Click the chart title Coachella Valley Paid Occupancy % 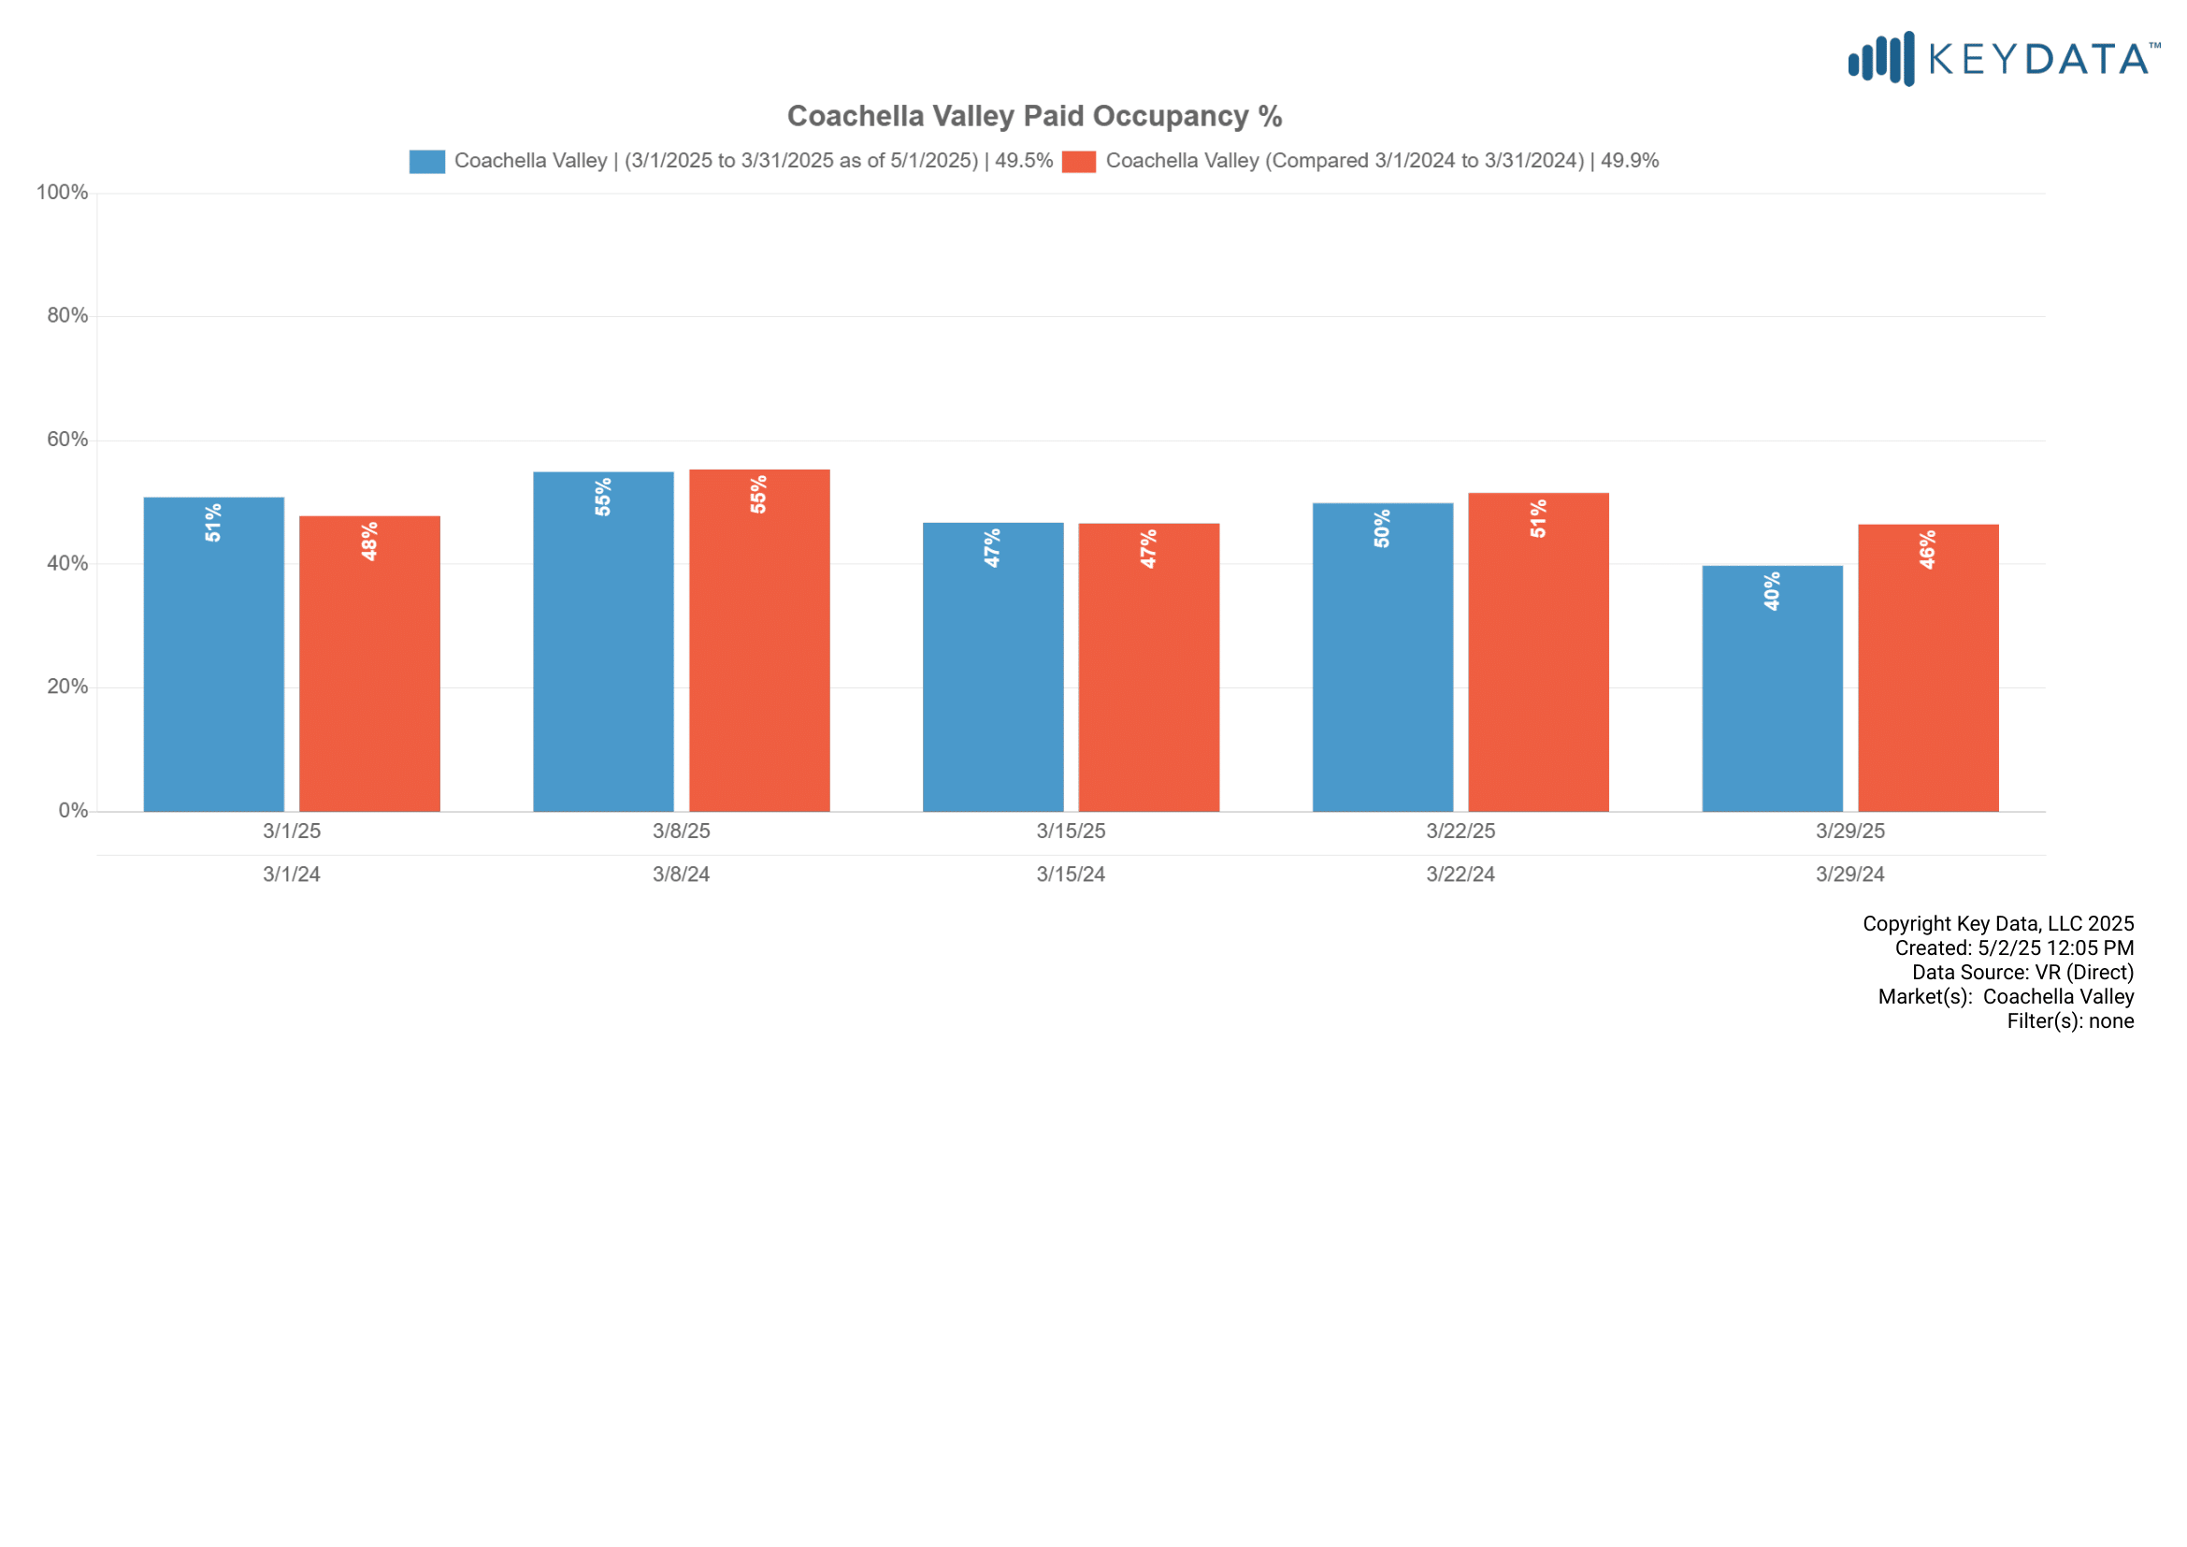coord(1034,116)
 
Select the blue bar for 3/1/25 coord(213,655)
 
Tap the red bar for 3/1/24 coord(369,664)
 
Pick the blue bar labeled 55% coord(603,642)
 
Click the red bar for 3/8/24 coord(759,640)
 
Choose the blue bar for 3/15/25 coord(993,667)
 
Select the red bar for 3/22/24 coord(1538,653)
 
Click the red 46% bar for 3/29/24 coord(1928,668)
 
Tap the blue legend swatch coord(426,162)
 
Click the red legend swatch coord(1078,162)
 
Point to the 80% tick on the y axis coord(67,316)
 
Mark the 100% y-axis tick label coord(62,193)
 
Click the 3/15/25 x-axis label coord(1071,831)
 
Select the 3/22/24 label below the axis coord(1460,875)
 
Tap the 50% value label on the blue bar coord(1382,528)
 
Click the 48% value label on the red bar coord(369,541)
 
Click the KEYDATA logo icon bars coord(1880,59)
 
